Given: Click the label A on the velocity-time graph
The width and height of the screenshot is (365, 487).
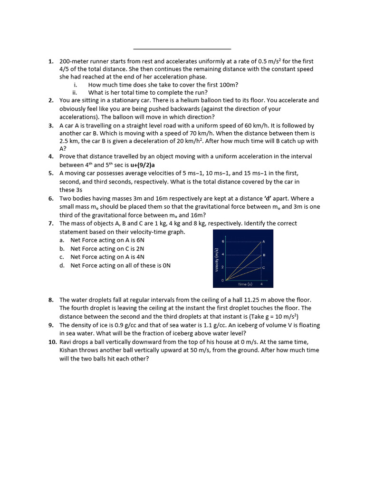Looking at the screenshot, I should (264, 242).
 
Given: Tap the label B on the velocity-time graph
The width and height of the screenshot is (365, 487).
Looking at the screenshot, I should (264, 255).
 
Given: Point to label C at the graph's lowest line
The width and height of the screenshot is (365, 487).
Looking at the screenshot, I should (264, 268).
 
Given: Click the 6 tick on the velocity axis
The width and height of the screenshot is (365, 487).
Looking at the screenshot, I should (222, 242).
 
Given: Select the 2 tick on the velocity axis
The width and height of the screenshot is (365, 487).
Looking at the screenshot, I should (222, 268).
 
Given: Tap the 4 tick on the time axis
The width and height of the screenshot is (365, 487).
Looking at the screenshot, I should (261, 284).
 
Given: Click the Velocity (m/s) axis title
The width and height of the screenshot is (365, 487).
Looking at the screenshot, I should (217, 261).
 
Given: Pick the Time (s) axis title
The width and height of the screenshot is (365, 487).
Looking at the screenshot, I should (245, 284).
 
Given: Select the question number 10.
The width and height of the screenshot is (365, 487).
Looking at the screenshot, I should (52, 342).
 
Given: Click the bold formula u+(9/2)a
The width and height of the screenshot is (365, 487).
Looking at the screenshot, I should (143, 165).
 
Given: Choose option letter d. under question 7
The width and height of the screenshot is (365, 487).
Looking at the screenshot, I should (62, 265).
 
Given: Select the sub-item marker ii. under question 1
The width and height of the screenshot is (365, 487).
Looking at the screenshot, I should (74, 92).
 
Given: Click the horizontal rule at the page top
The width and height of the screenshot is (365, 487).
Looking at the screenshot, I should (182, 49).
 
